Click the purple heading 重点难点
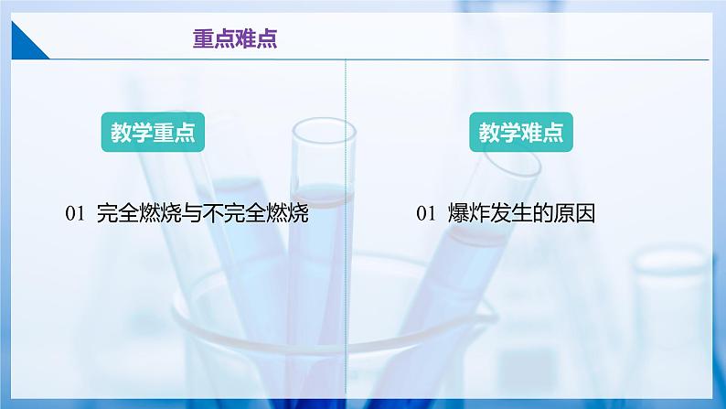click(235, 39)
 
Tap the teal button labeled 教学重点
click(153, 132)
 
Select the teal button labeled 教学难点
click(521, 132)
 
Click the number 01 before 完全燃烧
click(76, 213)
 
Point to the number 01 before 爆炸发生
click(426, 213)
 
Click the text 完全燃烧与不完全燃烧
click(203, 213)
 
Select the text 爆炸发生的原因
click(521, 213)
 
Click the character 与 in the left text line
click(192, 213)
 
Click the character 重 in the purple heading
click(203, 39)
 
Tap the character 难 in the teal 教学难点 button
click(531, 133)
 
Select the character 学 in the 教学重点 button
click(142, 133)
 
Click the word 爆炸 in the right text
click(468, 213)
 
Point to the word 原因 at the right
click(574, 213)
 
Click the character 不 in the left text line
click(213, 213)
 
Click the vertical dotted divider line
click(346, 227)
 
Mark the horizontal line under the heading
click(379, 59)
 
